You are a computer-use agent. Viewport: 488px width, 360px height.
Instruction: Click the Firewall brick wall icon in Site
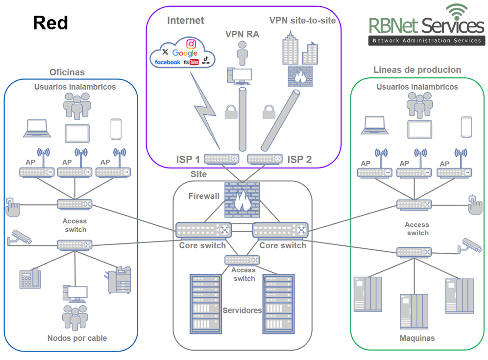tap(241, 199)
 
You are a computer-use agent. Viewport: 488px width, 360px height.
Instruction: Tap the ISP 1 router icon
tap(221, 159)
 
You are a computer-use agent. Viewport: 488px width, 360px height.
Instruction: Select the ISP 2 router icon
tap(265, 159)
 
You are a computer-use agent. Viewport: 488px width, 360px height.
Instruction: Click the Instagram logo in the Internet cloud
tap(191, 44)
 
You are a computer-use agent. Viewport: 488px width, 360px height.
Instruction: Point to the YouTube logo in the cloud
tap(191, 62)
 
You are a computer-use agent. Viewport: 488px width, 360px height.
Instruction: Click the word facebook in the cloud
tap(167, 62)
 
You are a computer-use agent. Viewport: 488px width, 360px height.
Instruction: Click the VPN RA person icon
tap(242, 53)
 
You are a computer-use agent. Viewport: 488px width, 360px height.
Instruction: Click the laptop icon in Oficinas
tap(38, 127)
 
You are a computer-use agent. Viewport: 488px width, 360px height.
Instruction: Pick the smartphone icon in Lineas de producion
tap(466, 127)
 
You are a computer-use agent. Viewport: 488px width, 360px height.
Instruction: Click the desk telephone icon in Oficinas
tap(29, 279)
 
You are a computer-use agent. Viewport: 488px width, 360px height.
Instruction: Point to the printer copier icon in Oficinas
tap(120, 280)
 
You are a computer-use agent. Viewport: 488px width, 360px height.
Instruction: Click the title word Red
tap(50, 23)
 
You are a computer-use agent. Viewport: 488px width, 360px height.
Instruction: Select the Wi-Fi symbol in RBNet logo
tap(457, 12)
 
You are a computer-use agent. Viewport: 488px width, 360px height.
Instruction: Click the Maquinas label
tap(417, 338)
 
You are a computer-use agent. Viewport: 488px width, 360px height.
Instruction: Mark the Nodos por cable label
tap(77, 338)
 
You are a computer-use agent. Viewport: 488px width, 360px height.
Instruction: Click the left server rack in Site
tap(204, 303)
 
